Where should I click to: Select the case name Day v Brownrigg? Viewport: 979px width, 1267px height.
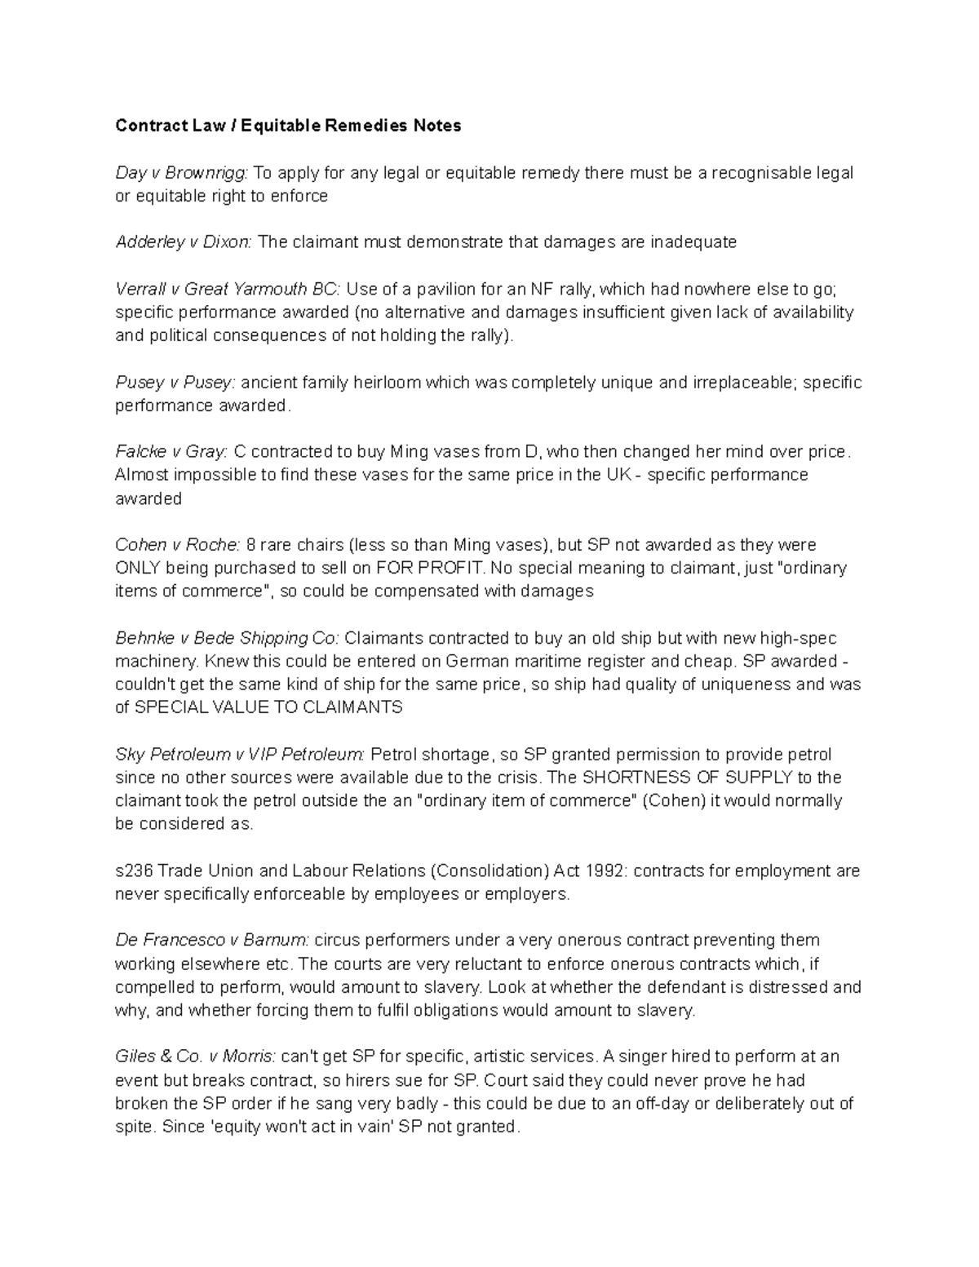pyautogui.click(x=181, y=173)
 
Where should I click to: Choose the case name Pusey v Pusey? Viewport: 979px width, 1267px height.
pyautogui.click(x=175, y=383)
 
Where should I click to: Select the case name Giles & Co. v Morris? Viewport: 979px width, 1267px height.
pyautogui.click(x=196, y=1057)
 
